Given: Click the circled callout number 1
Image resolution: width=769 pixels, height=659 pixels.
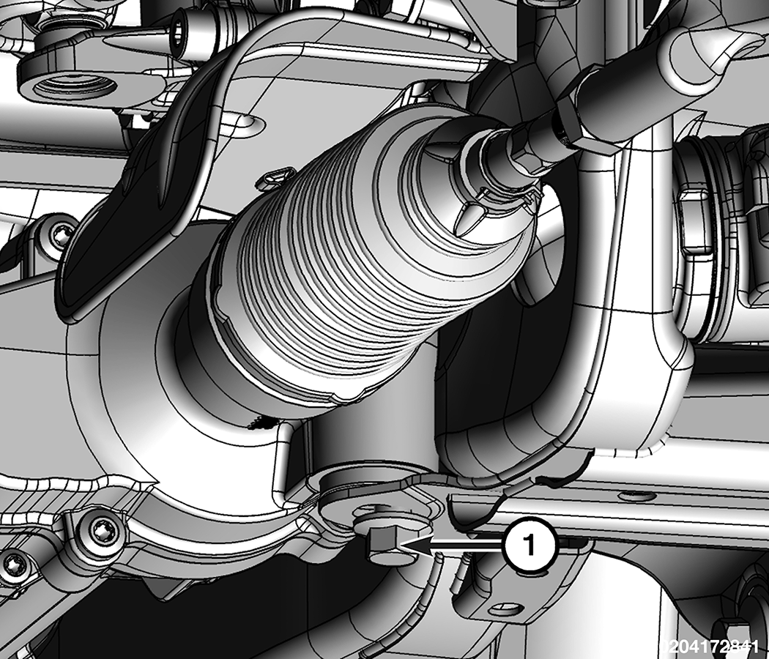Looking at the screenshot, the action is pos(530,545).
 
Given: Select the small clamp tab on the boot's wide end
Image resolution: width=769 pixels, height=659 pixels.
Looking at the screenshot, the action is pos(275,177).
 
